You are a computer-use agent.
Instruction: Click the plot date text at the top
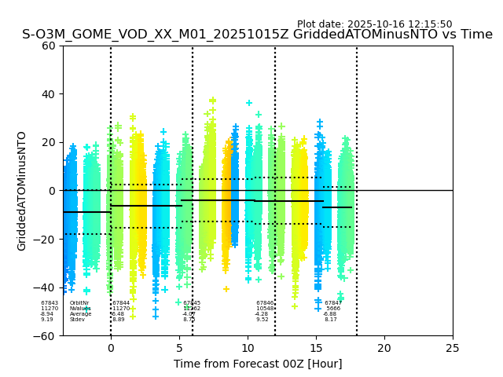(374, 24)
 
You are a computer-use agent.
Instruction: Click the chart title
(257, 35)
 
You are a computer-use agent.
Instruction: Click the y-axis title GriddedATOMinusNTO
(22, 191)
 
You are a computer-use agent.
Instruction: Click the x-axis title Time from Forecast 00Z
(258, 364)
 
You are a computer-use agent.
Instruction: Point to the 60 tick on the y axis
(49, 46)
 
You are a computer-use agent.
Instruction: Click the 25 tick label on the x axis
(453, 348)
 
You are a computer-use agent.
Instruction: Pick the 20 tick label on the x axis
(384, 348)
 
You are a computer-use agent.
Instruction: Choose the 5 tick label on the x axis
(179, 348)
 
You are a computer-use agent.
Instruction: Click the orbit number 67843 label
(50, 303)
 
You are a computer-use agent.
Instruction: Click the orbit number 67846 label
(265, 303)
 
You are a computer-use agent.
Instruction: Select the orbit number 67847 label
(333, 303)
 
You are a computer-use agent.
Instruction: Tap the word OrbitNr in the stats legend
(79, 303)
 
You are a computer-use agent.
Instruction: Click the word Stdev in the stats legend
(77, 320)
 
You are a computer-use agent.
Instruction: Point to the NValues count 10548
(265, 309)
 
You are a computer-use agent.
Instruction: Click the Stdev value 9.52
(263, 320)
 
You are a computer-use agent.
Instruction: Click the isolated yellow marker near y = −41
(226, 289)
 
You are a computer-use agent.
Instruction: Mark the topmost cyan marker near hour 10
(249, 103)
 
